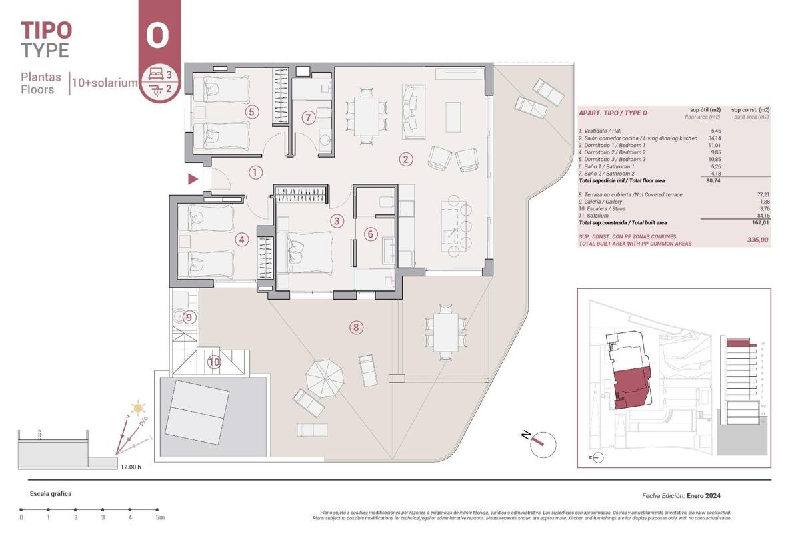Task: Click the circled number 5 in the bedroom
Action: point(251,111)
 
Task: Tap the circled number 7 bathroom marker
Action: point(308,118)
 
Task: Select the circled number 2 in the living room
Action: point(405,159)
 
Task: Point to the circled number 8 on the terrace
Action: point(357,327)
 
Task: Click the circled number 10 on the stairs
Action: point(214,362)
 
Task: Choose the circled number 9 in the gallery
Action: point(189,318)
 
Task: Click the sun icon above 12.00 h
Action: point(138,407)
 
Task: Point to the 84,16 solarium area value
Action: point(757,216)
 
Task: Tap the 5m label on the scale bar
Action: point(159,517)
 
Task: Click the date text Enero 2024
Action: point(704,496)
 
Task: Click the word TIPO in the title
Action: point(46,30)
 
